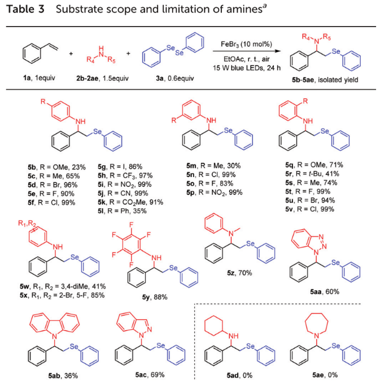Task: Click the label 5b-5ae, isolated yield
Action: tap(321, 80)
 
